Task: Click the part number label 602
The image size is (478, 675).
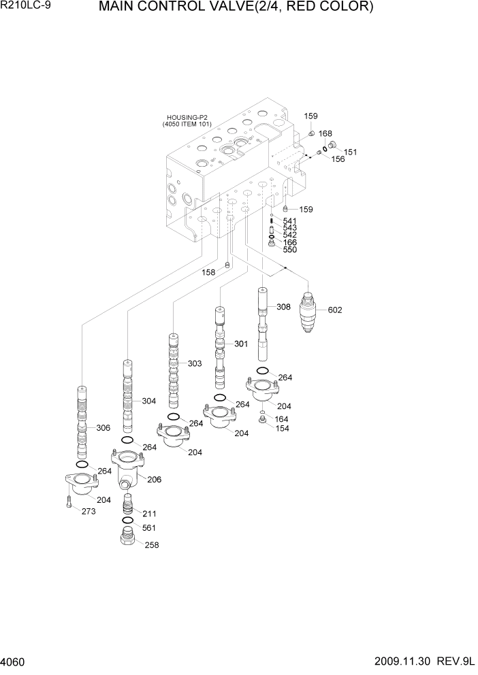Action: click(334, 310)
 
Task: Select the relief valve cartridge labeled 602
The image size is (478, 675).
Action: click(309, 311)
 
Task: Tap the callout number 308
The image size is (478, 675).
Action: click(283, 307)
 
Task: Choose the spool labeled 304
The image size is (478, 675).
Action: click(128, 396)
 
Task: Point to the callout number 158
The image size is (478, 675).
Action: click(208, 272)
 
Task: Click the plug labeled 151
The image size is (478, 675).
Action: click(334, 145)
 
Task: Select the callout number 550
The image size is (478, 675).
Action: click(289, 250)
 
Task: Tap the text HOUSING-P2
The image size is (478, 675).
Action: click(187, 118)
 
